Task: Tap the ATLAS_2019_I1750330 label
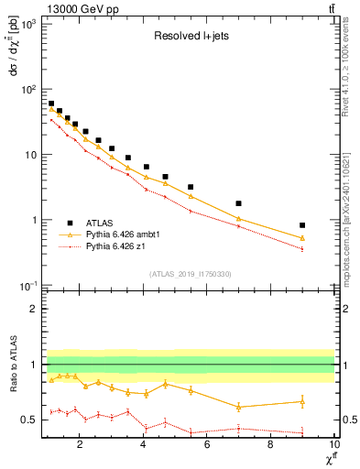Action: pos(190,274)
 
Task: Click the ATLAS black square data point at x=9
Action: pos(302,225)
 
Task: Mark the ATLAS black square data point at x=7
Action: pos(238,203)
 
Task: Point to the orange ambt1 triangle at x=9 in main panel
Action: pos(302,238)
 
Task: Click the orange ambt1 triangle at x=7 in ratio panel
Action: pos(238,407)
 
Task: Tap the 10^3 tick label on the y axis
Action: pos(29,24)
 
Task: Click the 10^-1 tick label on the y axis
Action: pos(28,286)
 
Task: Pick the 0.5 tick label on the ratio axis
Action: pos(30,420)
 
